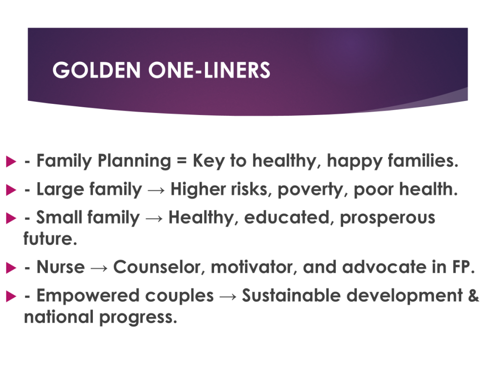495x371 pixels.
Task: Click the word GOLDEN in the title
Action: coord(96,70)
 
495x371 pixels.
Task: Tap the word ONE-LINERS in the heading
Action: coord(209,70)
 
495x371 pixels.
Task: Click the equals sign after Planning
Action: coord(182,160)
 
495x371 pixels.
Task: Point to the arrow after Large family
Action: coord(156,190)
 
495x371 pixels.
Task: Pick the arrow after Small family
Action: coord(154,218)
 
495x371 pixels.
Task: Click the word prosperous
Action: coord(387,218)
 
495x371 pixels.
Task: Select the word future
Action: coord(50,239)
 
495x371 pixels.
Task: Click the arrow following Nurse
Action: coord(99,268)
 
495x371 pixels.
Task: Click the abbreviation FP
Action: coord(464,267)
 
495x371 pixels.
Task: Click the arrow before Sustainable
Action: coord(228,297)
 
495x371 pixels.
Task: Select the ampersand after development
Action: coord(474,295)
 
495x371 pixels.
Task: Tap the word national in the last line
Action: coord(58,317)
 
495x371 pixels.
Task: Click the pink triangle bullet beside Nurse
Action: coord(11,268)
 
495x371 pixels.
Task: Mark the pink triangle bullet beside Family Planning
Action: coord(11,161)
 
